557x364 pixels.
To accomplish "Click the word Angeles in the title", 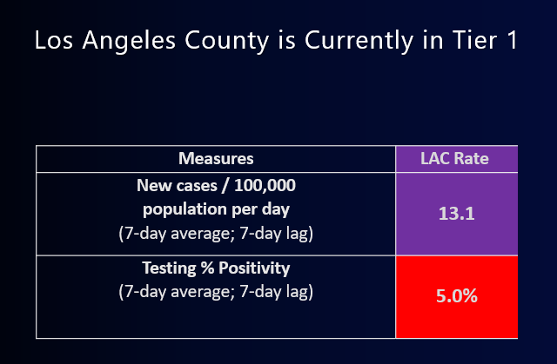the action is tap(129, 41).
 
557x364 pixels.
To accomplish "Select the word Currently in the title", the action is tap(359, 41).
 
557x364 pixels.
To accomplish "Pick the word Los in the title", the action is tap(54, 40).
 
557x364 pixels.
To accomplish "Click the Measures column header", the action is tap(216, 158).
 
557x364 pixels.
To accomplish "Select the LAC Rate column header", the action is tap(454, 158).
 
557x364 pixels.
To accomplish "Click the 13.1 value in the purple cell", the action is tap(456, 214).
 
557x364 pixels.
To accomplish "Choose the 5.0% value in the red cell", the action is tap(456, 296).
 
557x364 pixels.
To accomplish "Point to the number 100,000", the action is tap(265, 186).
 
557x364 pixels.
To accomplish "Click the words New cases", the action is tap(177, 186).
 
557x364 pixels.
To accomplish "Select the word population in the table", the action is tap(185, 210).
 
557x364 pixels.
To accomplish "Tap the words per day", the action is tap(261, 210).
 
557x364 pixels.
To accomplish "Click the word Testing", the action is tap(169, 268).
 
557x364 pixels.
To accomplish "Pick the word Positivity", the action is tap(254, 268).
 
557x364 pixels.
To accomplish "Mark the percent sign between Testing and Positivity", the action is tap(207, 268).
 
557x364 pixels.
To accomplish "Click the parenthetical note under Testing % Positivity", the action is tap(216, 292).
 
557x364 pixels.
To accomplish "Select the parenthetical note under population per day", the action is tap(216, 234).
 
